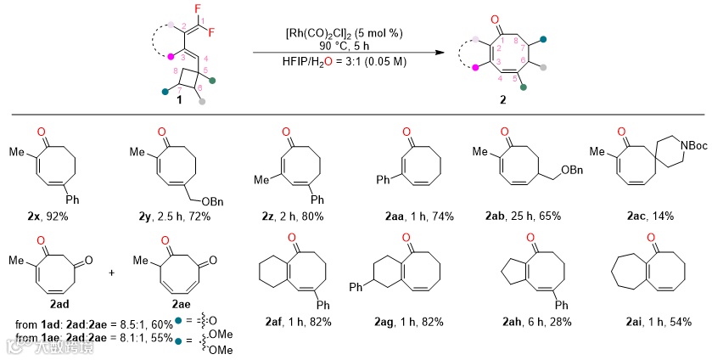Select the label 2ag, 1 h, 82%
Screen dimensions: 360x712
tap(406, 323)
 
